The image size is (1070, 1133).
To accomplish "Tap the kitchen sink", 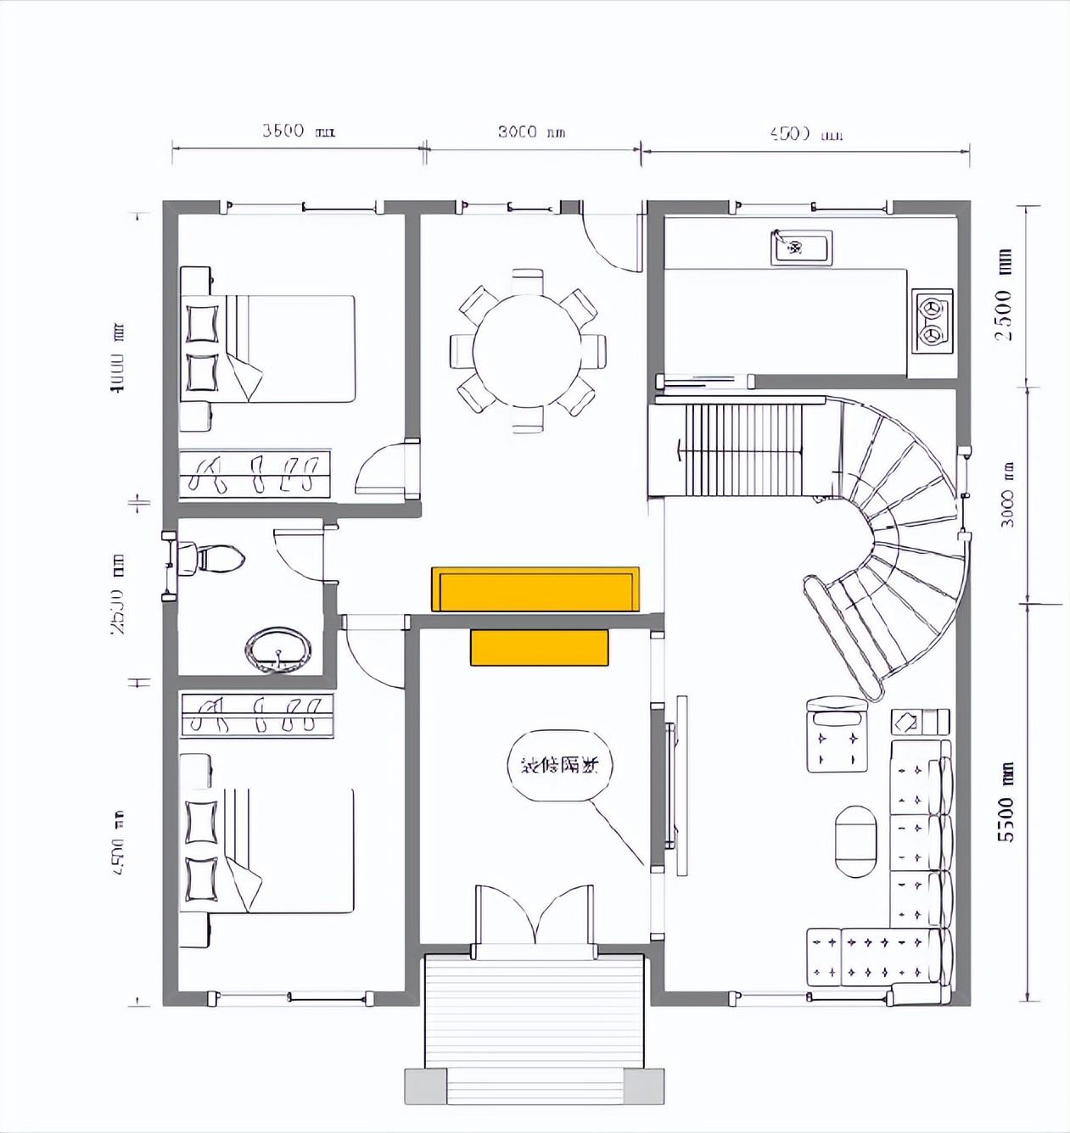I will pyautogui.click(x=801, y=248).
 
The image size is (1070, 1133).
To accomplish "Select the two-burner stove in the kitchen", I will pyautogui.click(x=933, y=321).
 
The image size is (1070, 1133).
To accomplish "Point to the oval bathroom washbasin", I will pyautogui.click(x=277, y=650).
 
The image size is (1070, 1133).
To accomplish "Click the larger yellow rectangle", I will pyautogui.click(x=535, y=589).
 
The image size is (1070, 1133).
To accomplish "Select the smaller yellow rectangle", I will pyautogui.click(x=540, y=647).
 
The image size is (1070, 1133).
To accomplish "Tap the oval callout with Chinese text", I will pyautogui.click(x=559, y=766).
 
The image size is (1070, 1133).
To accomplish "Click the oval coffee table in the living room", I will pyautogui.click(x=855, y=841).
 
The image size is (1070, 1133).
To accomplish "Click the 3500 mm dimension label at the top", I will pyautogui.click(x=298, y=131).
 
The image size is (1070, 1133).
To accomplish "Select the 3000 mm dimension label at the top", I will pyautogui.click(x=530, y=131).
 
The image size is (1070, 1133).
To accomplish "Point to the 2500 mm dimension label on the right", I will pyautogui.click(x=1005, y=293).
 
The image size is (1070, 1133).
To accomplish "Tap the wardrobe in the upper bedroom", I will pyautogui.click(x=254, y=472).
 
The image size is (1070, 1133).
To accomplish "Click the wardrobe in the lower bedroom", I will pyautogui.click(x=256, y=714).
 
